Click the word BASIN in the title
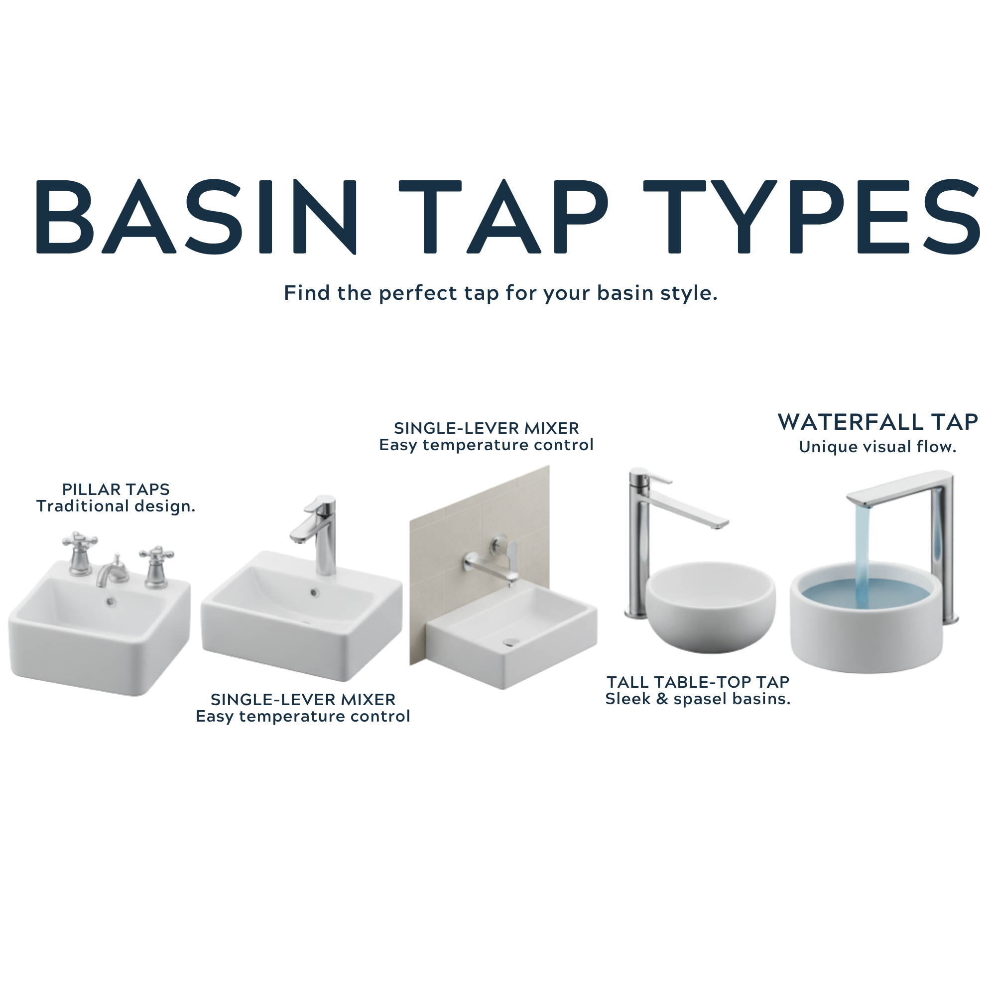tap(196, 217)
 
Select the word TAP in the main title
tap(503, 217)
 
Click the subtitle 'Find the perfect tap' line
tap(500, 293)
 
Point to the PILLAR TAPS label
tap(116, 489)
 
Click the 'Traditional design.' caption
tap(116, 506)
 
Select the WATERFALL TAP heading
tap(878, 422)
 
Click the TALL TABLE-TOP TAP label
tap(698, 682)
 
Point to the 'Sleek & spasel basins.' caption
tap(698, 699)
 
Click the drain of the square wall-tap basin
tap(511, 642)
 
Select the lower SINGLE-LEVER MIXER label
tap(303, 700)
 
